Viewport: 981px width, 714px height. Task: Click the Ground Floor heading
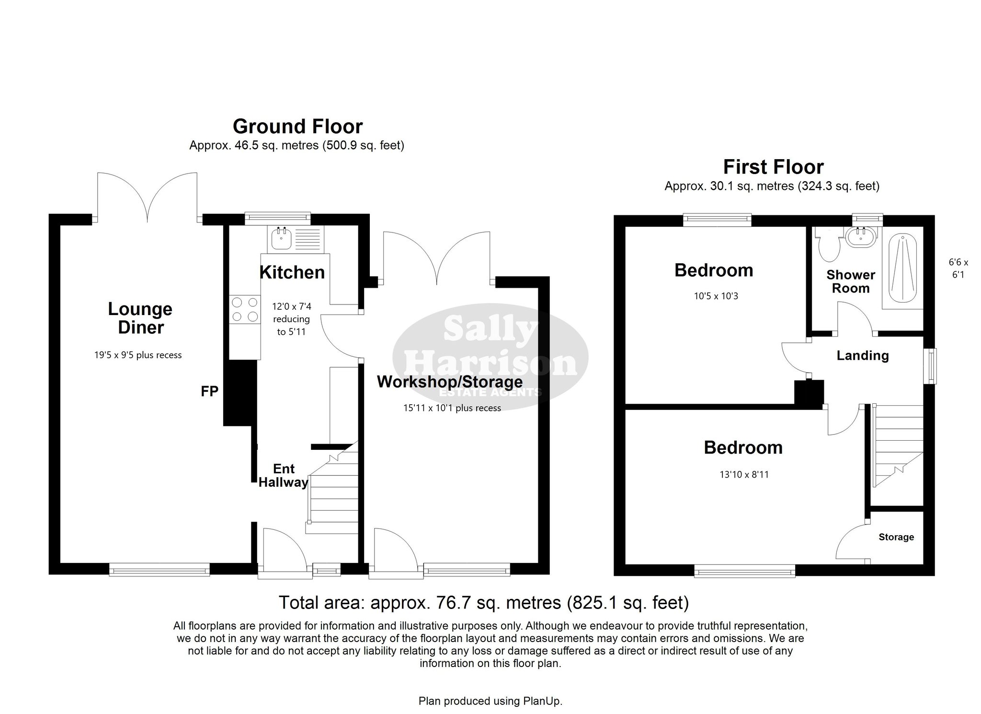(x=297, y=127)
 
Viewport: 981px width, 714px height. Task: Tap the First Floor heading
(x=773, y=167)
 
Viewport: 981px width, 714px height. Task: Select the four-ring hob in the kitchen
(x=244, y=310)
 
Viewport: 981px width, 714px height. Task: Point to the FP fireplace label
(x=209, y=392)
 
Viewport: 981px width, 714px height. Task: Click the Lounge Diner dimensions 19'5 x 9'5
(x=138, y=355)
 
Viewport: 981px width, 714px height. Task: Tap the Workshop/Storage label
(x=450, y=382)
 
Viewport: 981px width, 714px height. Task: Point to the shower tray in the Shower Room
(x=902, y=271)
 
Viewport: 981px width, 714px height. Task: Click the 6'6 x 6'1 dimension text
(x=958, y=269)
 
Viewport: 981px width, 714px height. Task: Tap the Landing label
(x=863, y=355)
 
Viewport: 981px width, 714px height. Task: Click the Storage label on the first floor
(x=896, y=537)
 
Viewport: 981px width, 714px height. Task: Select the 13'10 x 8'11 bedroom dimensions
(x=744, y=475)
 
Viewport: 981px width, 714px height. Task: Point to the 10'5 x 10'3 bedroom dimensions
(x=716, y=296)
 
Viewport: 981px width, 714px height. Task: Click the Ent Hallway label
(x=283, y=475)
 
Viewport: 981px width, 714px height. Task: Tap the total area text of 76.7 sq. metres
(x=484, y=602)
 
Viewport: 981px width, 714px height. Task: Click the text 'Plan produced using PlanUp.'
(x=490, y=701)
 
